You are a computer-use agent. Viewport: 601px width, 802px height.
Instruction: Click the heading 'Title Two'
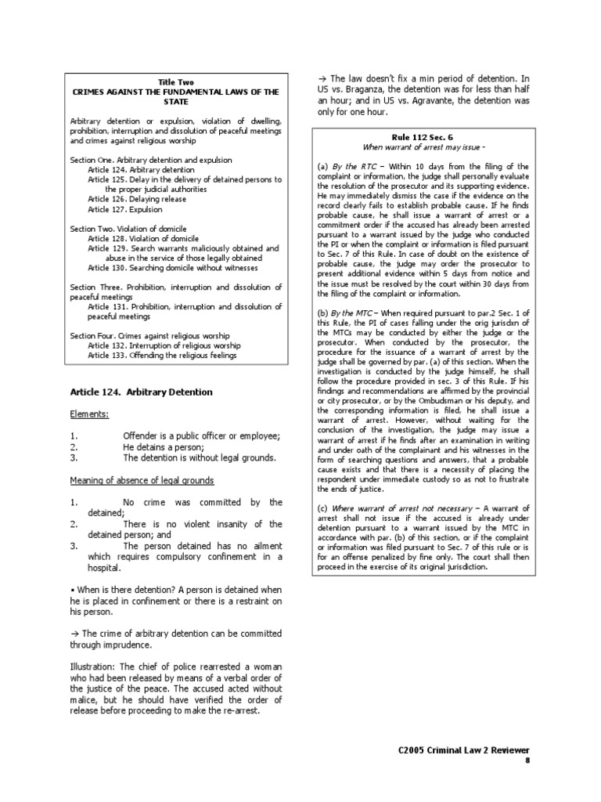pyautogui.click(x=175, y=81)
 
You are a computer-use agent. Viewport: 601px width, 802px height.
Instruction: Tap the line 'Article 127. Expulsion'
pyautogui.click(x=125, y=209)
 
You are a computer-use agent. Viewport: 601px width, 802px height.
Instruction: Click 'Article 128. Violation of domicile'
pyautogui.click(x=143, y=238)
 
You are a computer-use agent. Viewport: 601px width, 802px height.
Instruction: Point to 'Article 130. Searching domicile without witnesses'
pyautogui.click(x=168, y=267)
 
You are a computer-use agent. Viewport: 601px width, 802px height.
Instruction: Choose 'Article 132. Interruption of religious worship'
pyautogui.click(x=163, y=345)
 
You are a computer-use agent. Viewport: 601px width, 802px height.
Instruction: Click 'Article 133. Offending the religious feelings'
pyautogui.click(x=161, y=356)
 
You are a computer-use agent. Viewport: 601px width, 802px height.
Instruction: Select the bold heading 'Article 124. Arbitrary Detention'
pyautogui.click(x=141, y=392)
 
